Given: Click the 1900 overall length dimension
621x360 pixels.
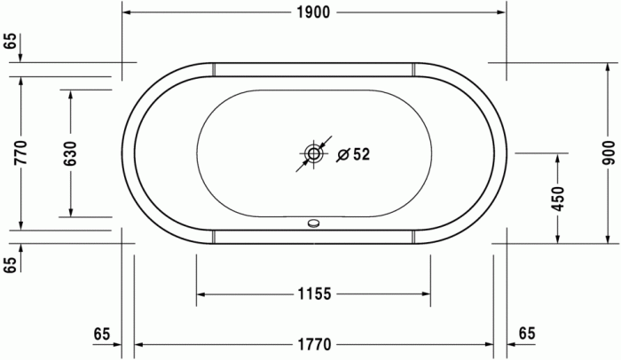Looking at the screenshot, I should pyautogui.click(x=314, y=12).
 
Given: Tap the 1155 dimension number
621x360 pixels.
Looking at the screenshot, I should pyautogui.click(x=314, y=294).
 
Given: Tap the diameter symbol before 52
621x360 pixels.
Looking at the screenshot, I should pyautogui.click(x=343, y=154).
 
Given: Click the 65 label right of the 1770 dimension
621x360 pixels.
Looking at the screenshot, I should pyautogui.click(x=527, y=333).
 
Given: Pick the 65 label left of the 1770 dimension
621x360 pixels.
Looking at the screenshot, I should pyautogui.click(x=102, y=333).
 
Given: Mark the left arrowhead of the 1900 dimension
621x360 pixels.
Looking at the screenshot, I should pyautogui.click(x=126, y=12).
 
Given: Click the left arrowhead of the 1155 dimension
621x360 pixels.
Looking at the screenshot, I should pyautogui.click(x=200, y=294).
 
